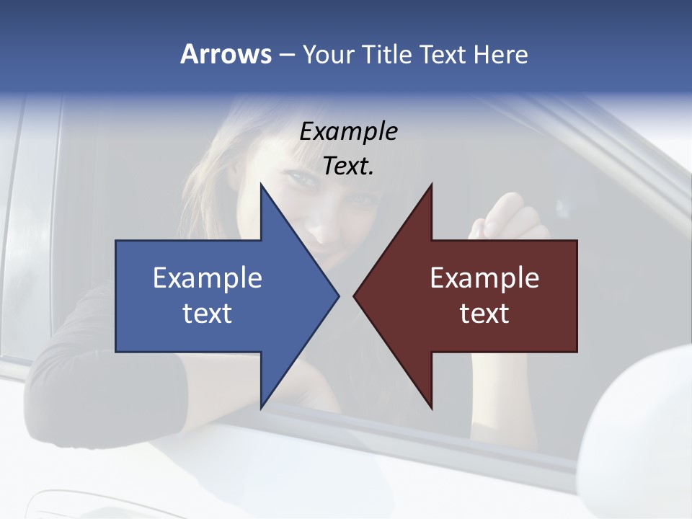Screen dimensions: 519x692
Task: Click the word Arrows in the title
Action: (x=226, y=54)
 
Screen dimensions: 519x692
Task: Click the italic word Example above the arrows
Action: (x=348, y=131)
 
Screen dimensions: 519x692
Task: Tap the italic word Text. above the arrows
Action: (x=348, y=166)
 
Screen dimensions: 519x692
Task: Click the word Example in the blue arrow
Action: (x=208, y=278)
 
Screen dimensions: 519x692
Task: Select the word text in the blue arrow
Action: (x=208, y=313)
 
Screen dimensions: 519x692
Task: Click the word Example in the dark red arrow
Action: (x=484, y=278)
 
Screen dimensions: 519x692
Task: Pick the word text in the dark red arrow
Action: (x=484, y=313)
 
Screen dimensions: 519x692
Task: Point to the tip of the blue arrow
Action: (x=338, y=296)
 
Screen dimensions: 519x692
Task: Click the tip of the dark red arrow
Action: (x=355, y=296)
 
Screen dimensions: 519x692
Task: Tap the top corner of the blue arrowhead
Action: (x=261, y=185)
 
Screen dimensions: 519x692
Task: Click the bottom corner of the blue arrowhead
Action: (x=261, y=408)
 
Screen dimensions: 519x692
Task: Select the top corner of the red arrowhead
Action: (x=431, y=185)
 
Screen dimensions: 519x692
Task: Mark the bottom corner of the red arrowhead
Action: (x=431, y=408)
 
